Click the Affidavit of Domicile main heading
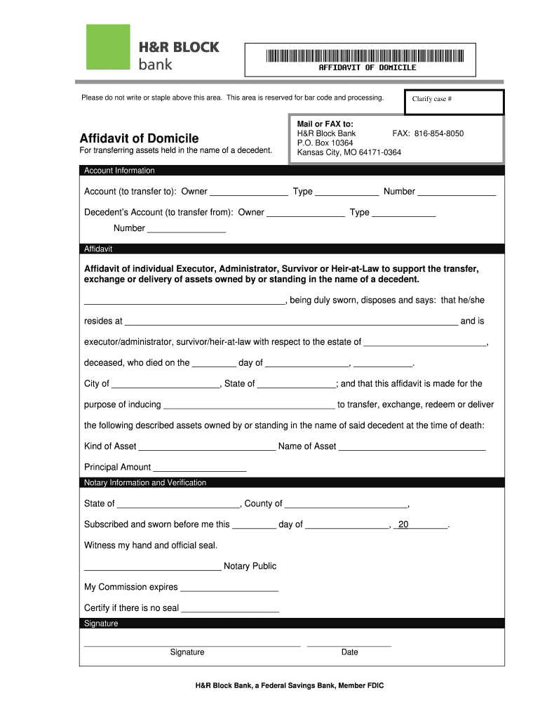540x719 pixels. coord(139,138)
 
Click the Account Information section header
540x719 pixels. coord(119,171)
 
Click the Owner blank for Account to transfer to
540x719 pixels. coord(248,192)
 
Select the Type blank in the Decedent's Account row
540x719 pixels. coord(403,213)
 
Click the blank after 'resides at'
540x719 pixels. coord(291,322)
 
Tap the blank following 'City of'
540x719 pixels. coord(166,384)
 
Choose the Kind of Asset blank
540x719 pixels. coord(207,447)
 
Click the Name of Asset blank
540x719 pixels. coord(412,447)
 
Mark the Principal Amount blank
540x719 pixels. coord(199,468)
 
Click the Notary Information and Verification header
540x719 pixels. coord(145,483)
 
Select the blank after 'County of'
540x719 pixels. coord(346,504)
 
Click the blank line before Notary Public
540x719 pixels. coord(152,567)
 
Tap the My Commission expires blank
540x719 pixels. coord(229,588)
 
